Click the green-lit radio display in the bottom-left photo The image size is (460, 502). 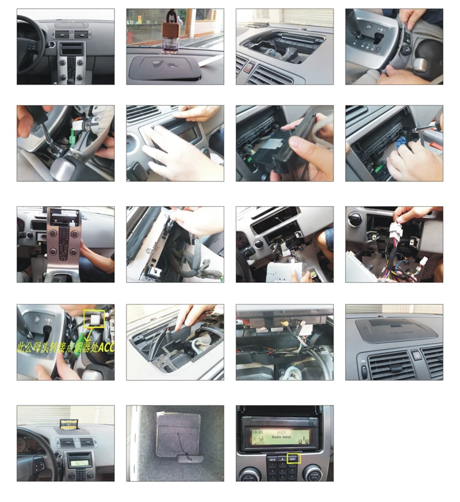(x=80, y=461)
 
